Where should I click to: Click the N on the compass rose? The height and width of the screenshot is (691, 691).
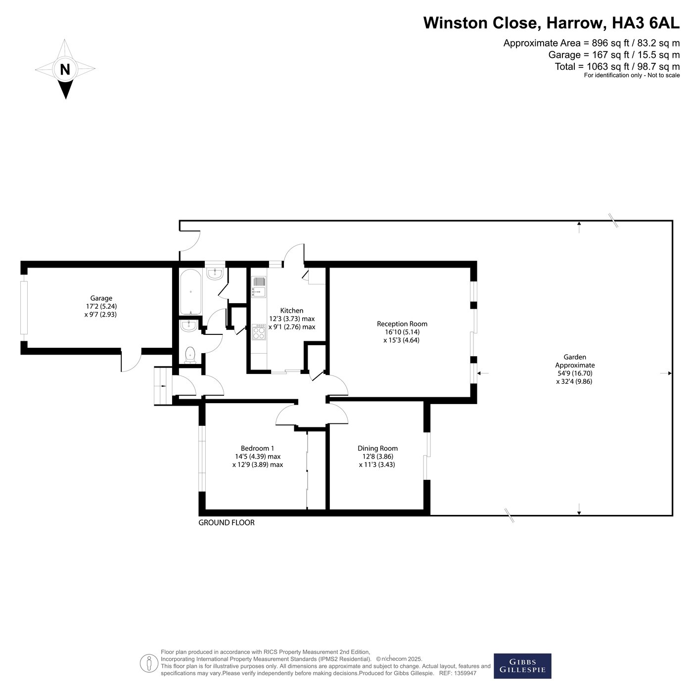coord(65,69)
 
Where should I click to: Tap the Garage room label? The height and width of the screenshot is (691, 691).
coord(101,298)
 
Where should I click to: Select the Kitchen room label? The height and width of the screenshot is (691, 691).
coord(291,311)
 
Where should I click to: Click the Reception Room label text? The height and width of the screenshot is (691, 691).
coord(402,324)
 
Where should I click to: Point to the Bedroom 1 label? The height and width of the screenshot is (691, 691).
coord(258,448)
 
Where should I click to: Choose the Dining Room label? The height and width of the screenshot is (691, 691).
coord(377,448)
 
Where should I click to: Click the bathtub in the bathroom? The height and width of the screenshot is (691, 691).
coord(190,292)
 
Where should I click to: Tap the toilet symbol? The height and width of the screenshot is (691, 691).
coord(190,355)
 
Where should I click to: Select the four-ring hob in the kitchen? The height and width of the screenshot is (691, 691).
coord(259,332)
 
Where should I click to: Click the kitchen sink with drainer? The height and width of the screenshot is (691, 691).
coord(259,286)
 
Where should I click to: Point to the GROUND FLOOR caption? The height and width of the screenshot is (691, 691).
coord(226,522)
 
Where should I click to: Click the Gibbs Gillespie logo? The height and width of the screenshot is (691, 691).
coord(522,666)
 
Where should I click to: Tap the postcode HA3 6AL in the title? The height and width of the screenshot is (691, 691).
coord(645,23)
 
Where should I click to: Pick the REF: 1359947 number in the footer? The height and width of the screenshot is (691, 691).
coord(458,673)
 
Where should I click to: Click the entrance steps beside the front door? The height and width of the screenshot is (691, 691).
coord(163,386)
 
